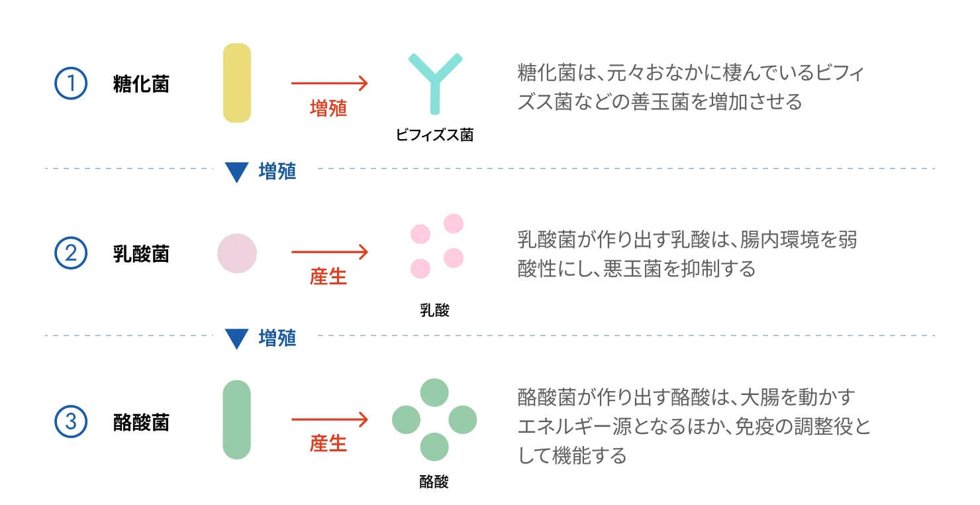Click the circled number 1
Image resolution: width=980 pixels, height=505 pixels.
tap(70, 84)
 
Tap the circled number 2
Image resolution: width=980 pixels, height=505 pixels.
tap(70, 253)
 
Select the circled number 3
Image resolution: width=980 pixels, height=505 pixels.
tap(70, 422)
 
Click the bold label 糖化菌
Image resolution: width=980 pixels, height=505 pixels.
tap(141, 85)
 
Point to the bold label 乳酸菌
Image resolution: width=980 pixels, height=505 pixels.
tap(141, 254)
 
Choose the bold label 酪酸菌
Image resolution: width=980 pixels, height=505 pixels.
tap(141, 423)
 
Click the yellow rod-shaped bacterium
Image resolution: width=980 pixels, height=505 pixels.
tap(237, 83)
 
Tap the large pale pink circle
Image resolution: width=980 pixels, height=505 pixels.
tap(237, 253)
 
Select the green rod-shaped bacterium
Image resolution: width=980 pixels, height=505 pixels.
tap(237, 420)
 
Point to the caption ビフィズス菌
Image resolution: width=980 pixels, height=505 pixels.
tap(434, 135)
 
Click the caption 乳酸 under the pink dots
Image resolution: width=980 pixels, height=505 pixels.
tap(434, 310)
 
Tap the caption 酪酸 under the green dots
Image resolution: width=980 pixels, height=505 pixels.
tap(434, 482)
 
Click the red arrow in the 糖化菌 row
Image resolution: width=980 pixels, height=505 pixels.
tap(329, 84)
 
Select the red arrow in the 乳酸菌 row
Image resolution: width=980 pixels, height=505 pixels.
tap(329, 252)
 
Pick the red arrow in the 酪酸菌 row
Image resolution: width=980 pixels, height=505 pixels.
tap(329, 420)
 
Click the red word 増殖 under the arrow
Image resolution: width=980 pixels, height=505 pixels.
tap(328, 108)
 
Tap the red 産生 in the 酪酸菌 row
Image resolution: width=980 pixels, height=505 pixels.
tap(328, 443)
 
